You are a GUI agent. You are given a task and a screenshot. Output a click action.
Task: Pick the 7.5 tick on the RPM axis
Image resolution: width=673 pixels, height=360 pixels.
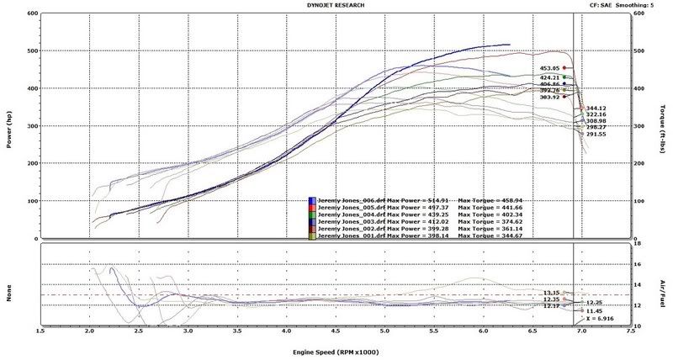coord(630,332)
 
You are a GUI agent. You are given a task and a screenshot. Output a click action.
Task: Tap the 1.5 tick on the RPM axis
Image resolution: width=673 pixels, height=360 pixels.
coord(40,332)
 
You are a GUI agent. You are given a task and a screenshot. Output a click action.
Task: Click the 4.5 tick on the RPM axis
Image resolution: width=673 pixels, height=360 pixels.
coord(335,332)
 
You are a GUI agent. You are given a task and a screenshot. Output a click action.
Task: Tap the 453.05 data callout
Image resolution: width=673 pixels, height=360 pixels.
coord(549,68)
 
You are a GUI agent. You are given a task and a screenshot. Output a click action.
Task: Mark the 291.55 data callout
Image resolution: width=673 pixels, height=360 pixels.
coord(596,134)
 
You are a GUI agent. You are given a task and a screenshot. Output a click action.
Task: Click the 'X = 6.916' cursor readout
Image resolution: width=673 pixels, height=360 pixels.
coord(601,320)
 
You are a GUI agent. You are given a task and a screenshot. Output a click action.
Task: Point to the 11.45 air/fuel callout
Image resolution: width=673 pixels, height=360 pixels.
coord(596,311)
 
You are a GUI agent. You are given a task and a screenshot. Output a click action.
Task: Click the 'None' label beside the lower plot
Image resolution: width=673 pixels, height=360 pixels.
coord(9,286)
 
